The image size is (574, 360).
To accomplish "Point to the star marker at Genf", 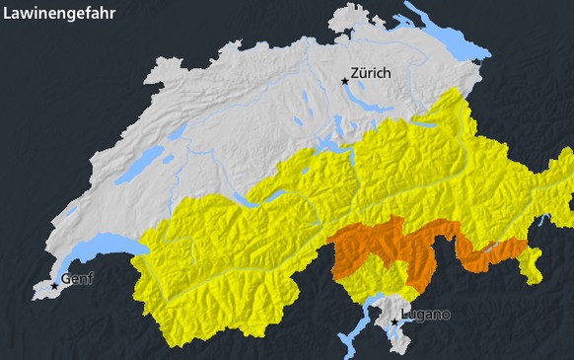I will pyautogui.click(x=54, y=286).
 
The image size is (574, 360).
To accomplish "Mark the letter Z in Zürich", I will pyautogui.click(x=355, y=74).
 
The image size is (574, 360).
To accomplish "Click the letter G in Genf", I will pyautogui.click(x=65, y=279).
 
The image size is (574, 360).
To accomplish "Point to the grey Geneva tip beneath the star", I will pyautogui.click(x=44, y=292).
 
